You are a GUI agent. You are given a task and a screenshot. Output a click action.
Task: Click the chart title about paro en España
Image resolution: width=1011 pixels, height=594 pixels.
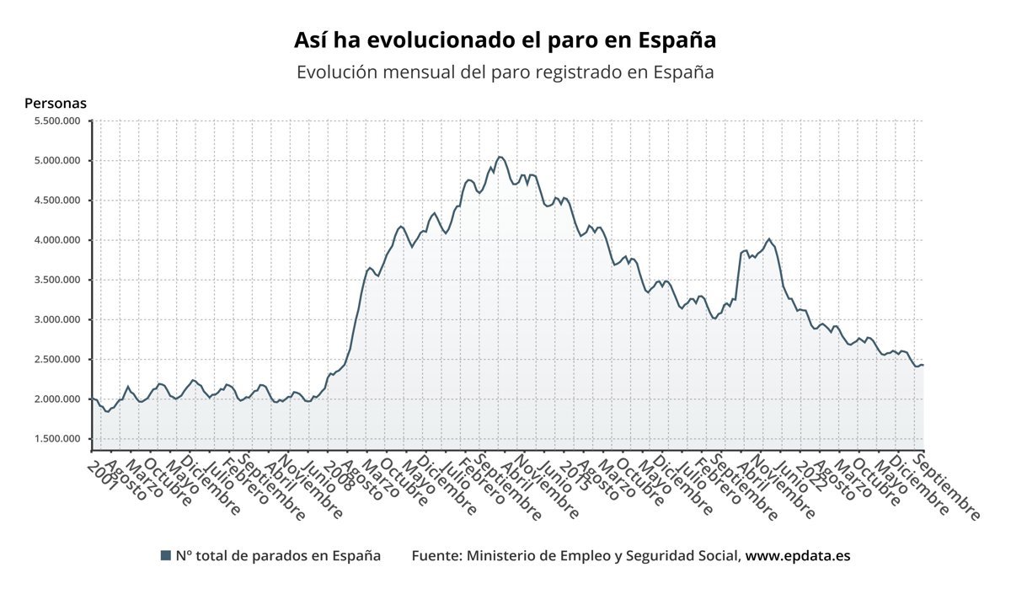coord(505,40)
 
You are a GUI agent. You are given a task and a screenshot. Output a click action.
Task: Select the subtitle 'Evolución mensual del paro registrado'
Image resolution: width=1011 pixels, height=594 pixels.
coord(505,72)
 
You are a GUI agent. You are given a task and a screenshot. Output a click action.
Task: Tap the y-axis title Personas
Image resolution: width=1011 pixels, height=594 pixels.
coord(56,104)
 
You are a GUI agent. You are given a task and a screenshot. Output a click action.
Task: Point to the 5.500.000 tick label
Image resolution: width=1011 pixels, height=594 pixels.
coord(56,120)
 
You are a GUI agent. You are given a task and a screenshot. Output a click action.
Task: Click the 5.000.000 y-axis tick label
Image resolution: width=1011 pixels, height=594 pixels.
coord(56,160)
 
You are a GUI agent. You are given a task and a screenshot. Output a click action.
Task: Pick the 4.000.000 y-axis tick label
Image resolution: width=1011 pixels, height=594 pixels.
coord(56,240)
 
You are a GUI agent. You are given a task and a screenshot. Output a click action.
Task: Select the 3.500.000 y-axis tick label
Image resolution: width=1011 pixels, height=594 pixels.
coord(56,280)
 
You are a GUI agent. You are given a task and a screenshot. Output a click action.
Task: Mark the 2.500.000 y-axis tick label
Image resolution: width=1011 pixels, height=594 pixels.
coord(56,359)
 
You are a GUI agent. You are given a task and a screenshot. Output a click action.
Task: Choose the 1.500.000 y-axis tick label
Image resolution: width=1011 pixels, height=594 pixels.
coord(56,439)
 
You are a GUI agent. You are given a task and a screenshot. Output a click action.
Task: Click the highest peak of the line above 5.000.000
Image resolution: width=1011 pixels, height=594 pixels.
coord(500,157)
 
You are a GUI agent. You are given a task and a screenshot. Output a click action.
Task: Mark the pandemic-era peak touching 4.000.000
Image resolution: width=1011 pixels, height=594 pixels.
coord(769,238)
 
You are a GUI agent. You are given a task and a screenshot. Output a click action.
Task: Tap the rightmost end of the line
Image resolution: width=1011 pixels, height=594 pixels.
coord(923,365)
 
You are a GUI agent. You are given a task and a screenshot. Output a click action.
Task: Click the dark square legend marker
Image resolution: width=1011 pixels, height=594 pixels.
coord(165,556)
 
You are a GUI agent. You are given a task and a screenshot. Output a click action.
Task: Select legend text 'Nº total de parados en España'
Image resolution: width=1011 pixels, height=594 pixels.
coord(278,556)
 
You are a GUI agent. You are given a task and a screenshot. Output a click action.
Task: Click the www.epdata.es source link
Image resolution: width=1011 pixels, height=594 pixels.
coord(798,556)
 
